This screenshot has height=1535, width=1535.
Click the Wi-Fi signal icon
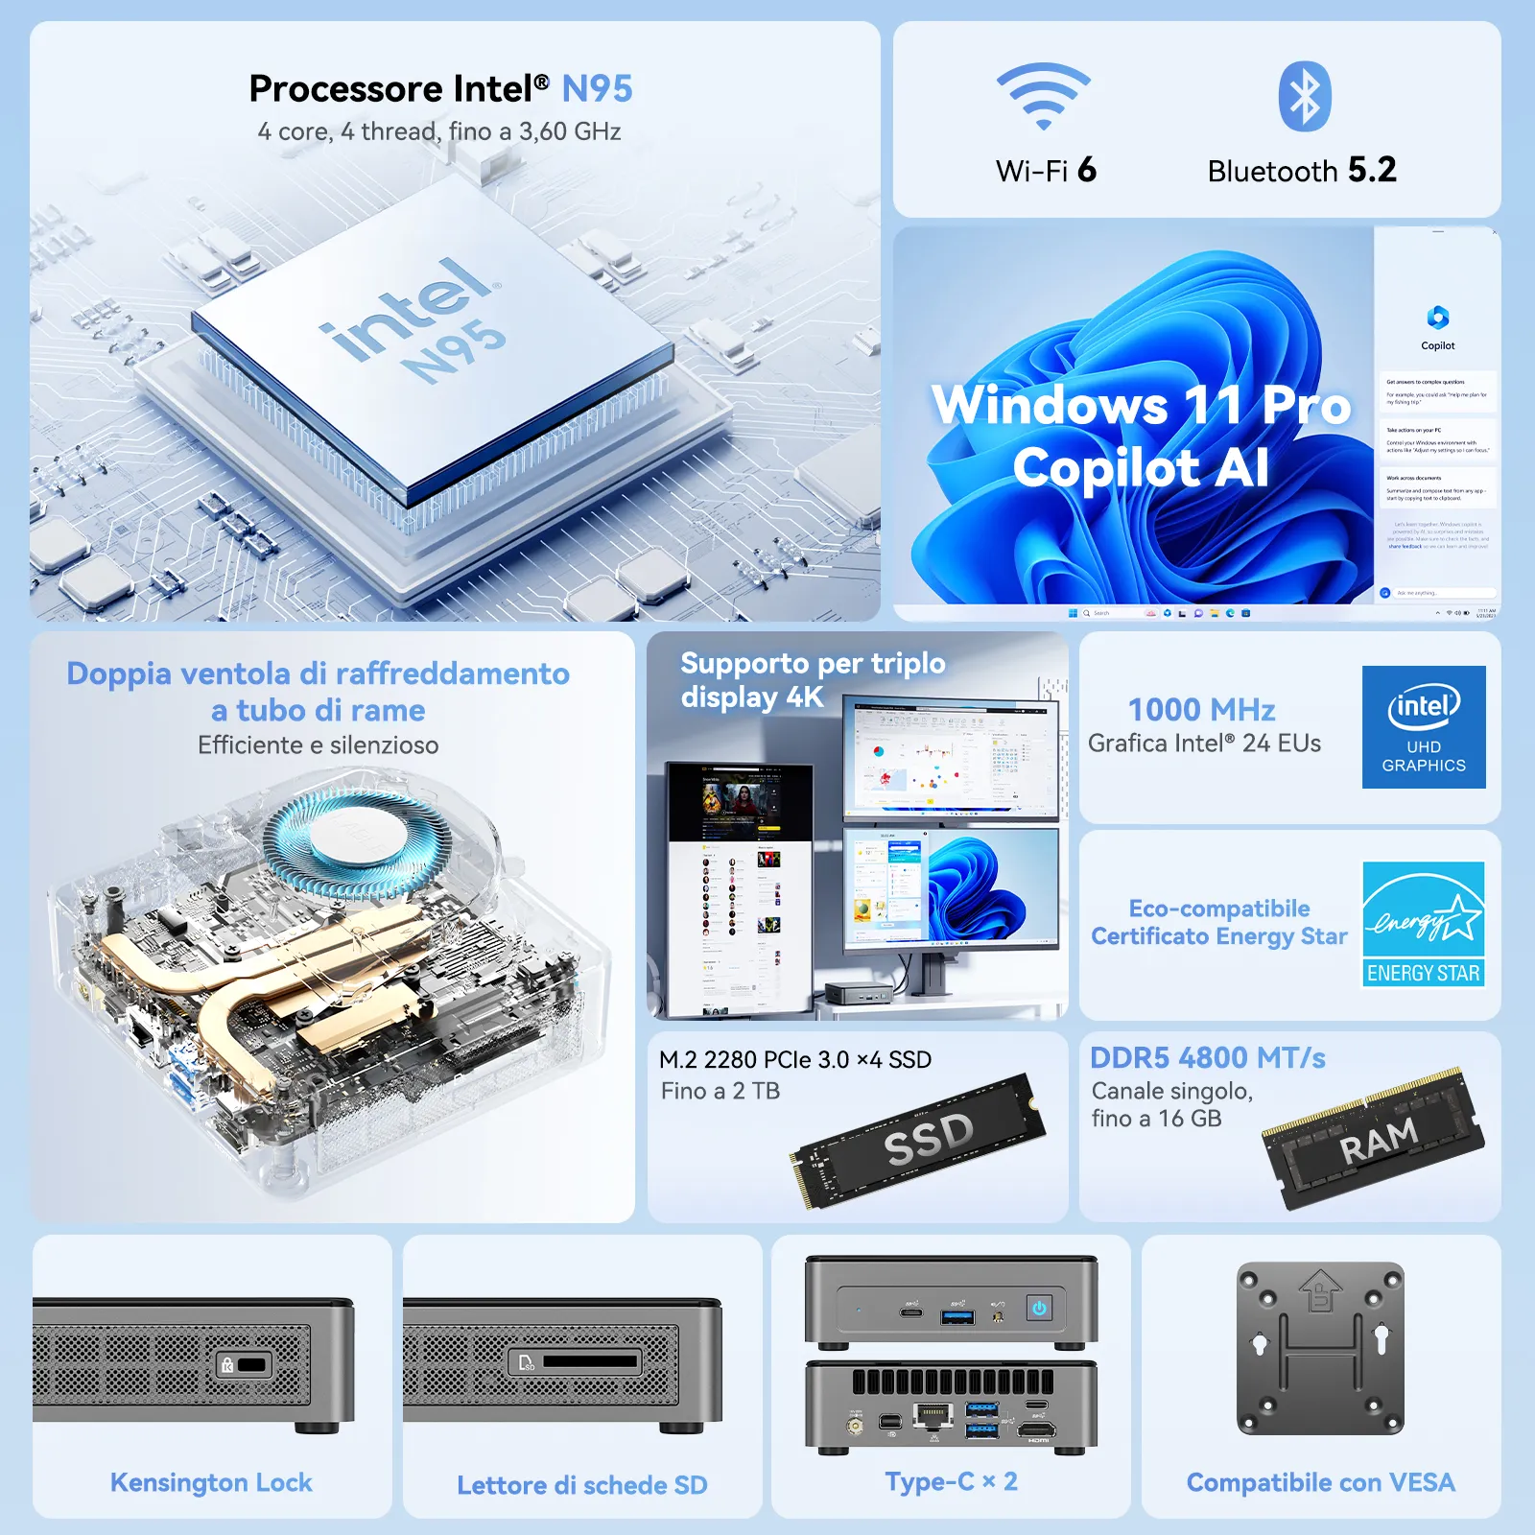(x=1044, y=97)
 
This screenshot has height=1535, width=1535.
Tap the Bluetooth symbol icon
(x=1305, y=97)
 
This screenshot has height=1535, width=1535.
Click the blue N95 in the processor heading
(x=597, y=89)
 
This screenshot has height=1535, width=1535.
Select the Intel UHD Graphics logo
(x=1424, y=727)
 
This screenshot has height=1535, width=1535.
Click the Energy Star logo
(x=1424, y=924)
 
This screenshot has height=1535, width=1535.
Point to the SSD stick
(x=919, y=1139)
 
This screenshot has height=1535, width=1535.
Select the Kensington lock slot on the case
(x=251, y=1364)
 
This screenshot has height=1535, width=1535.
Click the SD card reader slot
(x=589, y=1361)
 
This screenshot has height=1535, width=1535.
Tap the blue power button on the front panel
(x=1039, y=1308)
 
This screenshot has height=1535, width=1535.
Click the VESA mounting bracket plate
(x=1321, y=1348)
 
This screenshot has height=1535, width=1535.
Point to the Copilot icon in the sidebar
(x=1437, y=318)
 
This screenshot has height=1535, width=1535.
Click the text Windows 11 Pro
(x=1141, y=405)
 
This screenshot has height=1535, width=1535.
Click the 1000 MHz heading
(x=1201, y=710)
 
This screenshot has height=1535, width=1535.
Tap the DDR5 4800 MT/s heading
(x=1207, y=1058)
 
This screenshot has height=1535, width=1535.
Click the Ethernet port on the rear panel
(x=933, y=1415)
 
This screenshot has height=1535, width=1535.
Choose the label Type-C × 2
(x=951, y=1482)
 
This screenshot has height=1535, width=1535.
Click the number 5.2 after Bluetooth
(x=1372, y=170)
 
